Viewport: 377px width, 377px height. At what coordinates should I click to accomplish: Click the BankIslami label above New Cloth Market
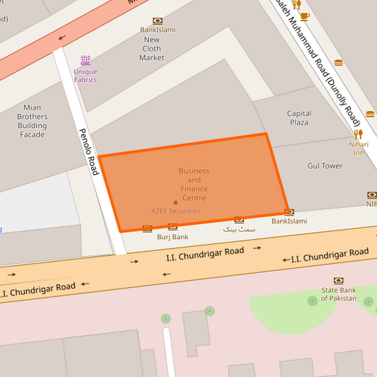pos(157,30)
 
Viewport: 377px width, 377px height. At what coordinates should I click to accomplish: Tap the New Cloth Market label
pos(152,49)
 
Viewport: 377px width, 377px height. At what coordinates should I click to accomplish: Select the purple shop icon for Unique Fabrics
pos(86,60)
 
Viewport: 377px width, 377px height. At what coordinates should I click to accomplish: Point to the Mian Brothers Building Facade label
pos(33,121)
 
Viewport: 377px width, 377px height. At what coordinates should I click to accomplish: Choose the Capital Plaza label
pos(298,117)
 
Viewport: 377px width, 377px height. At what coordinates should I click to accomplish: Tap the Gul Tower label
pos(325,166)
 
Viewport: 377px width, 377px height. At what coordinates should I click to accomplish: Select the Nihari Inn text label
pos(359,148)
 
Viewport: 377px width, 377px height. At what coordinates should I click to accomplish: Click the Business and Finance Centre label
pos(194,180)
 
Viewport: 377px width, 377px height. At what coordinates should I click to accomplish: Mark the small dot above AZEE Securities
pos(175,202)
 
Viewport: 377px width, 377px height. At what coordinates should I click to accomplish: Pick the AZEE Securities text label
pos(175,211)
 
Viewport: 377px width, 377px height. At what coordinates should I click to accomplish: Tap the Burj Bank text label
pos(173,237)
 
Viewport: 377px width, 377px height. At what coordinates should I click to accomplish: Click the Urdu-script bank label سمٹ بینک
pos(238,229)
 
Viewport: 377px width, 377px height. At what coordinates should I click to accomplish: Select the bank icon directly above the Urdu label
pos(239,219)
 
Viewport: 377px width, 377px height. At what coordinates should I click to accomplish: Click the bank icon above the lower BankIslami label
pos(289,211)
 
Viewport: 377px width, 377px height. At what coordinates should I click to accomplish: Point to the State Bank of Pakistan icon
pos(338,280)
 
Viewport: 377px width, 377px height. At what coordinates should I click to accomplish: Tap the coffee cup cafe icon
pos(304,16)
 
